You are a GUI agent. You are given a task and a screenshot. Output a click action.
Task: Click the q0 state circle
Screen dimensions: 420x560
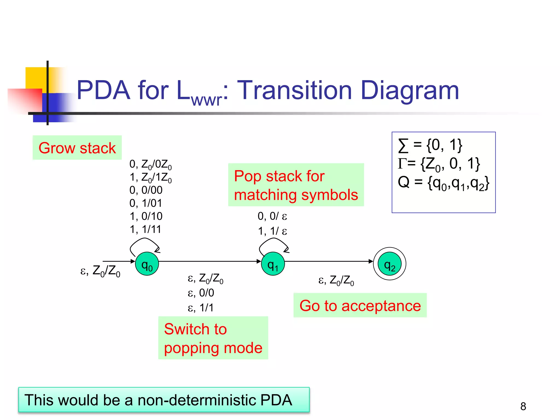click(147, 264)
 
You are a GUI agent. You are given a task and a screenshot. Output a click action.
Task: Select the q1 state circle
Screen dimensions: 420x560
click(273, 264)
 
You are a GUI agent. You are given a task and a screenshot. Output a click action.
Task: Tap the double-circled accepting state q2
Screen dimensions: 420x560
click(389, 264)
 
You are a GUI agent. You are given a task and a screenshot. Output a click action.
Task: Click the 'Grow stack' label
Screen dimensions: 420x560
click(77, 148)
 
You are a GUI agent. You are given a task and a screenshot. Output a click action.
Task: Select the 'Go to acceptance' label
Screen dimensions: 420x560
click(360, 305)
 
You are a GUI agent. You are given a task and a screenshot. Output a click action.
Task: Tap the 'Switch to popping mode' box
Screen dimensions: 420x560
click(213, 338)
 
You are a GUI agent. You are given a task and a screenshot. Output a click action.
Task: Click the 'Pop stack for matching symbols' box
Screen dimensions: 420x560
click(296, 185)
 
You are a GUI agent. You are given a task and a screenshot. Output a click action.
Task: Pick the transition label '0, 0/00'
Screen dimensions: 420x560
click(146, 190)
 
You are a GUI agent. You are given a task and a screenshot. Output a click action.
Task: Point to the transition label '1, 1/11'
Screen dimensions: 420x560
click(145, 229)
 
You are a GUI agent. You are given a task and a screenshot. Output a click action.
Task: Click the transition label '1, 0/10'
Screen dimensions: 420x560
click(146, 216)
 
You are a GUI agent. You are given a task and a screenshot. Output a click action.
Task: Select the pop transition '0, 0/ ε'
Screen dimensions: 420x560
click(272, 216)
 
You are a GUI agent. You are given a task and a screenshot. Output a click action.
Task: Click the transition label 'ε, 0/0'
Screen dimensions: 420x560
click(201, 293)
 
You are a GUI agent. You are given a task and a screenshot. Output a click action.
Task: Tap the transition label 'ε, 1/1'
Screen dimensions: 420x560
click(200, 308)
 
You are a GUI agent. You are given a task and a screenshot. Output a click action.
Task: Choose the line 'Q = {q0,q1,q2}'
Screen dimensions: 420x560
click(443, 183)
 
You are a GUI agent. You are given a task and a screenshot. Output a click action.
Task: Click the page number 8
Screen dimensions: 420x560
click(523, 406)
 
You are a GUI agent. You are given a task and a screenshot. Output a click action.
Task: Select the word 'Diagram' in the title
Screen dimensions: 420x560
click(410, 90)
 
